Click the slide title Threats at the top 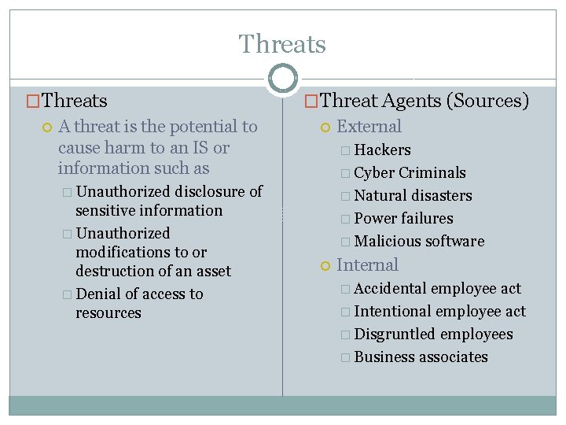pyautogui.click(x=282, y=44)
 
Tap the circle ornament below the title pyautogui.click(x=283, y=79)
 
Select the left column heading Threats pyautogui.click(x=75, y=101)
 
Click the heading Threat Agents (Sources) pyautogui.click(x=424, y=101)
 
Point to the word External pyautogui.click(x=369, y=127)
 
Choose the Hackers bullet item pyautogui.click(x=382, y=150)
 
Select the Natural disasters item pyautogui.click(x=413, y=195)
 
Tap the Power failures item pyautogui.click(x=403, y=218)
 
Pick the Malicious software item pyautogui.click(x=419, y=241)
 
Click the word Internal pyautogui.click(x=367, y=265)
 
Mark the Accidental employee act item pyautogui.click(x=437, y=288)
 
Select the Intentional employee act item pyautogui.click(x=439, y=311)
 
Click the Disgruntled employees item pyautogui.click(x=433, y=334)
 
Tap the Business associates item pyautogui.click(x=421, y=357)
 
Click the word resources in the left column pyautogui.click(x=108, y=312)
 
